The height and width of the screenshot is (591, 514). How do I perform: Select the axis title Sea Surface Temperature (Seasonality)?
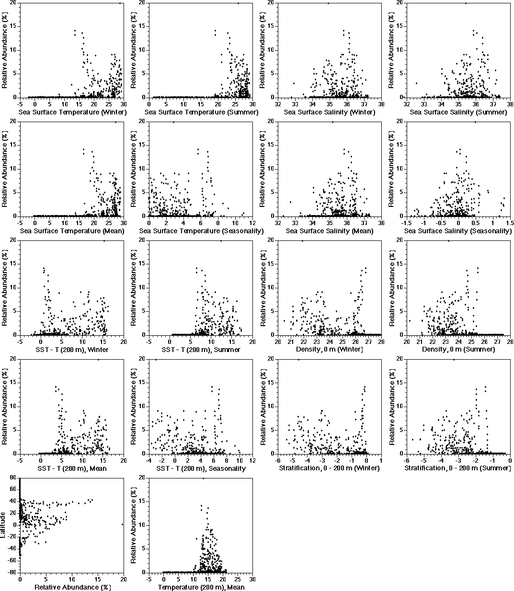(201, 231)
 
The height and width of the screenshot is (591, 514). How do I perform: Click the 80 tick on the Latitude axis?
(14, 477)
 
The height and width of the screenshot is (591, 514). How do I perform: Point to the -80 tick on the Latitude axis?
(13, 572)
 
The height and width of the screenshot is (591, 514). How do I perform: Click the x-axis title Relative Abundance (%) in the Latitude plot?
(72, 587)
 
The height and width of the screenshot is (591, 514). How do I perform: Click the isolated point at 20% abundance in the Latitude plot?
(123, 524)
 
